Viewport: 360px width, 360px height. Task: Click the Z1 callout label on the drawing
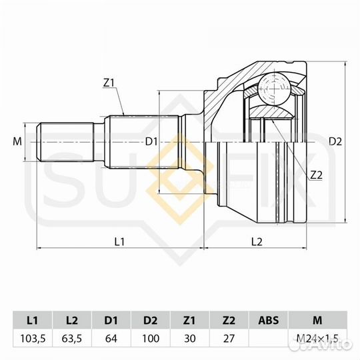(109, 83)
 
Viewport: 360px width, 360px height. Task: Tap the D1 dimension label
(151, 141)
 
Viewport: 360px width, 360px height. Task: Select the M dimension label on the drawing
(17, 141)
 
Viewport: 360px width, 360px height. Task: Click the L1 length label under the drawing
(119, 241)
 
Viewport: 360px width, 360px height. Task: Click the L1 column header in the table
(31, 319)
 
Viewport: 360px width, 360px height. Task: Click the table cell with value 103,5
(31, 338)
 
